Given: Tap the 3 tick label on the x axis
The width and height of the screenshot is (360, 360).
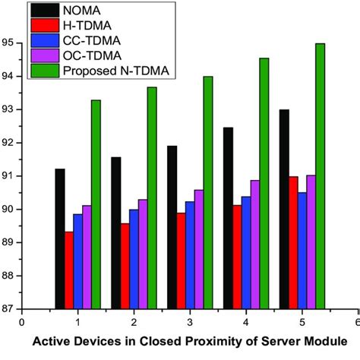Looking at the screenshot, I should coord(189,321).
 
